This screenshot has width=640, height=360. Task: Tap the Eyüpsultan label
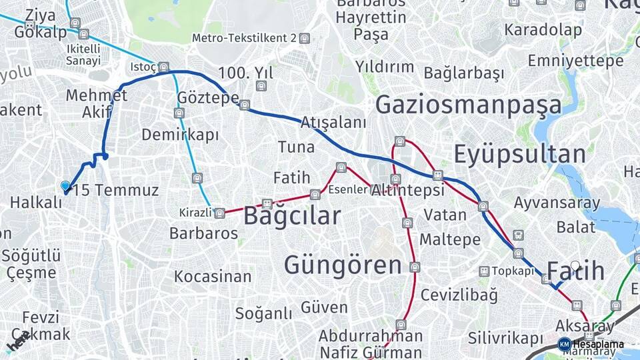click(x=519, y=154)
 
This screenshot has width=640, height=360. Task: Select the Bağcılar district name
click(x=291, y=216)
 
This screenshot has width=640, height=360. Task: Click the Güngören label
click(x=343, y=265)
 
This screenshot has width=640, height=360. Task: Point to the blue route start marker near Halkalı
click(x=65, y=186)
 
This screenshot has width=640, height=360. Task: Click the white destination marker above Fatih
click(x=575, y=266)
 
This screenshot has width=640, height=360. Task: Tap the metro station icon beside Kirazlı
click(x=220, y=213)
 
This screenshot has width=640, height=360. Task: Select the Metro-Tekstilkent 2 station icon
click(x=305, y=38)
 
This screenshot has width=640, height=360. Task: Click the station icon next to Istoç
click(x=163, y=67)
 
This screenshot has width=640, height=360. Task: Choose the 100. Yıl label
click(x=245, y=73)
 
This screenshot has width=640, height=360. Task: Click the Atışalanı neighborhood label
click(x=333, y=123)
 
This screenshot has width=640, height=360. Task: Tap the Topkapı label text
click(x=513, y=271)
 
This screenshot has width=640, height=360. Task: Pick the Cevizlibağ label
click(x=459, y=295)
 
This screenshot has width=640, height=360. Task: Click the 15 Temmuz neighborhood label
click(x=116, y=191)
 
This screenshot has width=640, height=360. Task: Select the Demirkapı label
click(x=180, y=135)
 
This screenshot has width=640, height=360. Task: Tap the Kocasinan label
click(x=213, y=276)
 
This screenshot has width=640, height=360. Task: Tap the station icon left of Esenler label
click(x=315, y=195)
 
